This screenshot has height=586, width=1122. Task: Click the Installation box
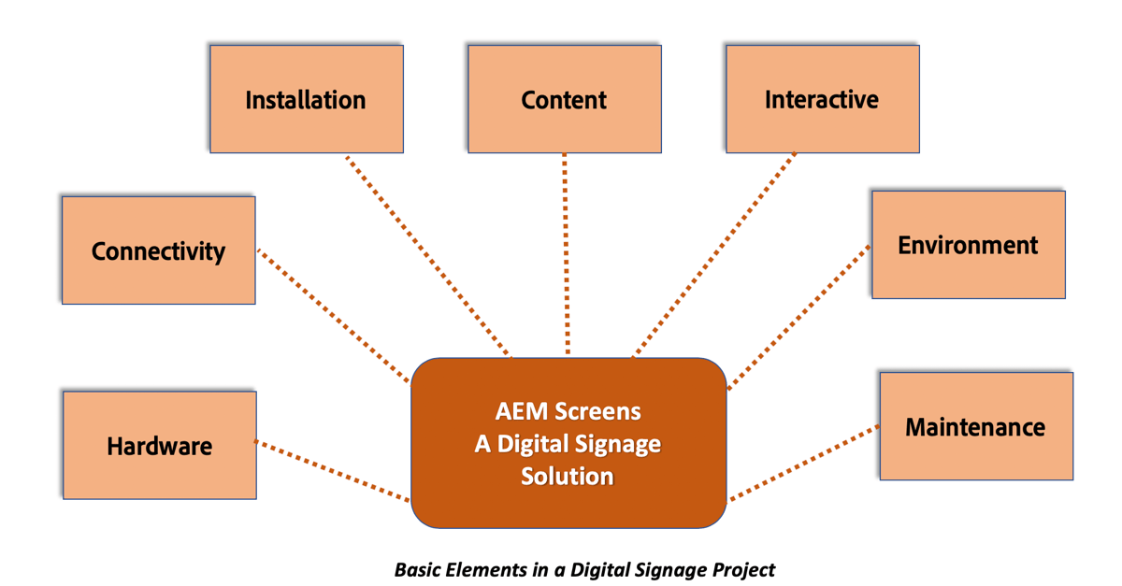[x=306, y=99]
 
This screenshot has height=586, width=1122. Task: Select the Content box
[x=564, y=99]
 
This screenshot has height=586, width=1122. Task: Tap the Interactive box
[x=822, y=99]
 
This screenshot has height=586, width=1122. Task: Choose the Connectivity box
[x=158, y=250]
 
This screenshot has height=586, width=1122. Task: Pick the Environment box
[x=968, y=245]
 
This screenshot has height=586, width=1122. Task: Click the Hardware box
[x=159, y=446]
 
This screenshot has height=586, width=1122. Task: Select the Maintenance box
[x=975, y=427]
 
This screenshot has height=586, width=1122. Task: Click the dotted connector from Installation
[x=428, y=255]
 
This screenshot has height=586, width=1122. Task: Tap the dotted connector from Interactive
[x=715, y=254]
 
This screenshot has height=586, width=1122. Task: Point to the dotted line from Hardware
[x=332, y=471]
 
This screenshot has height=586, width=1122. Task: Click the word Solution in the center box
[x=568, y=476]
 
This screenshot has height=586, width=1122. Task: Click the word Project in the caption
[x=742, y=568]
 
